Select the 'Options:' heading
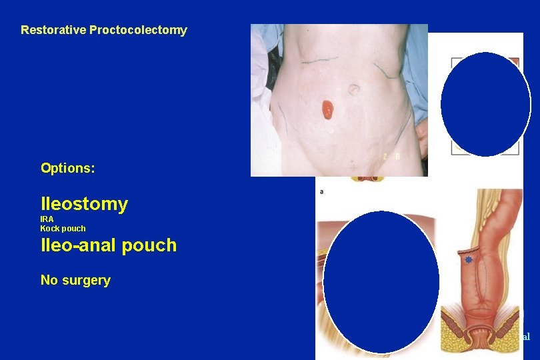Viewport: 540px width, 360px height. (x=68, y=168)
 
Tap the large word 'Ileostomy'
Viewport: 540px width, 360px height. (x=84, y=204)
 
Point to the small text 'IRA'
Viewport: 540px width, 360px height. (x=47, y=219)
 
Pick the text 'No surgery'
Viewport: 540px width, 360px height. (x=75, y=280)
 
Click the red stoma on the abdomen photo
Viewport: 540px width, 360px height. (x=327, y=109)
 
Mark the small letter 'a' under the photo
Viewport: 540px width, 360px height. (x=323, y=191)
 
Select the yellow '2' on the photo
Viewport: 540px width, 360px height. (x=385, y=156)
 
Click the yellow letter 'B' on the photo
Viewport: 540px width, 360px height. (x=397, y=156)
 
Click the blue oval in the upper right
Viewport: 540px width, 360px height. (x=486, y=104)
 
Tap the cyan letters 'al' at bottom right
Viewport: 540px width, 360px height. (x=525, y=337)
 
